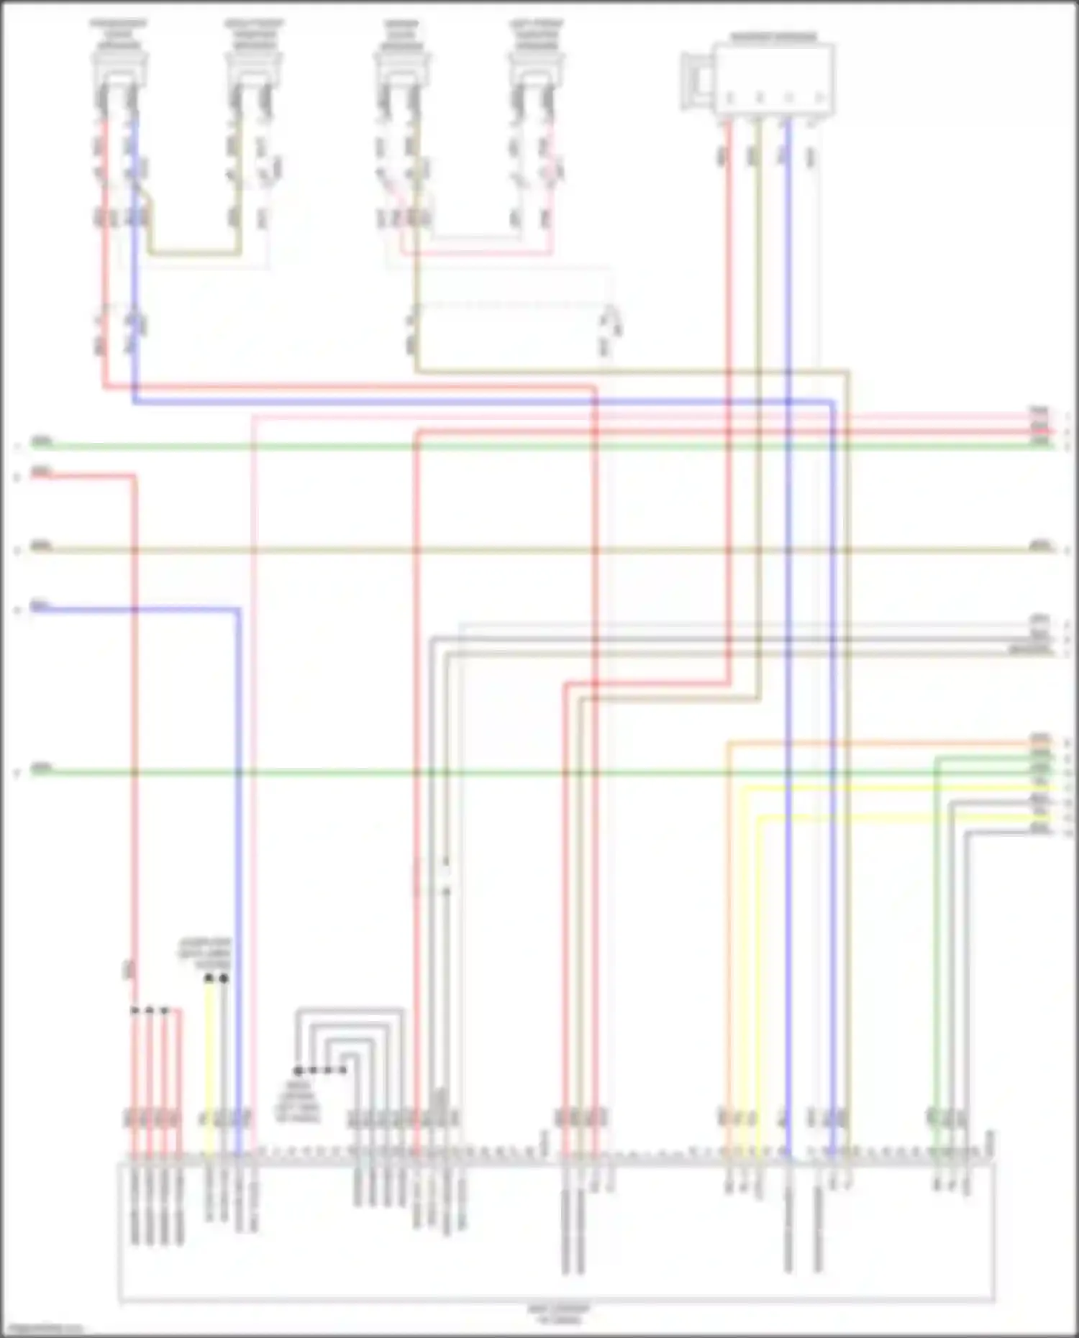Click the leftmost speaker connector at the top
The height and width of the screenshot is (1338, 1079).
119,69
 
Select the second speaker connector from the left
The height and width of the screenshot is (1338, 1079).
253,69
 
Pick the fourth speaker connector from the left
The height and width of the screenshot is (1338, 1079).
536,69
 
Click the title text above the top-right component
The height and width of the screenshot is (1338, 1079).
774,37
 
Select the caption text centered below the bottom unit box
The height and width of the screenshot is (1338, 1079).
558,1314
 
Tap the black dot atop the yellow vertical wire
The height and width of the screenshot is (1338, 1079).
209,979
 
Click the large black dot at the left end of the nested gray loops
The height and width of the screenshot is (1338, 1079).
298,1071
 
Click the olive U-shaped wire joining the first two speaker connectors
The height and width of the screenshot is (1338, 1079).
194,253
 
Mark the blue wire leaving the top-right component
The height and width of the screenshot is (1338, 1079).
788,288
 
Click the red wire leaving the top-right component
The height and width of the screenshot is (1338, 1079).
729,288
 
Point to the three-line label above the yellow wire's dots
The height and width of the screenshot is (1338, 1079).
205,952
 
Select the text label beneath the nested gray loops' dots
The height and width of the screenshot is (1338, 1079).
298,1101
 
